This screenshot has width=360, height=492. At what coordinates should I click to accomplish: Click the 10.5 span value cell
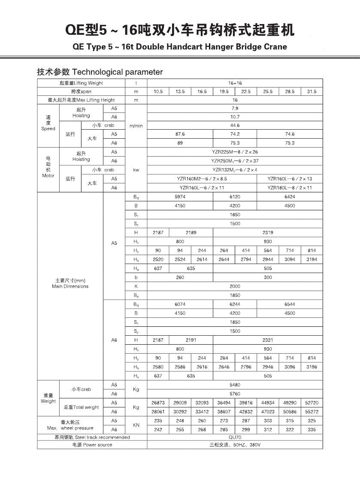click(x=158, y=91)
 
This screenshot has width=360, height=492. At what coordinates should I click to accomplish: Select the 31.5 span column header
click(x=312, y=91)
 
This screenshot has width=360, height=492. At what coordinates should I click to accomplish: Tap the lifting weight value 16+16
click(x=235, y=83)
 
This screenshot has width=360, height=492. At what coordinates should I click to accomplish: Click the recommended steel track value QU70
click(x=235, y=437)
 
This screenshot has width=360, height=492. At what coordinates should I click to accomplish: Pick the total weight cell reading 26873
click(x=158, y=403)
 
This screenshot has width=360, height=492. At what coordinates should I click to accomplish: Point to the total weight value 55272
click(x=312, y=411)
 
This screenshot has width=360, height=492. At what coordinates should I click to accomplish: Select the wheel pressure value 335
click(x=312, y=429)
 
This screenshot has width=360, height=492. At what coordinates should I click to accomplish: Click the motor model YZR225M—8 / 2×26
click(x=235, y=152)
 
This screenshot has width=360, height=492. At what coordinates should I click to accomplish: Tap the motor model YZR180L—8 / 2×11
click(x=290, y=188)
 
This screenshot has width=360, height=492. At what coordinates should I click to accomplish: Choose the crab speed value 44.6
click(x=235, y=125)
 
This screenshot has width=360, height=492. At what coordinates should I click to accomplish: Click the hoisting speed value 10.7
click(x=235, y=117)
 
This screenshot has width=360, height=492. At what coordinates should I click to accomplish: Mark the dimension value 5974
click(x=180, y=197)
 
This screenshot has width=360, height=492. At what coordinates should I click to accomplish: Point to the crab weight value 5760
click(x=235, y=394)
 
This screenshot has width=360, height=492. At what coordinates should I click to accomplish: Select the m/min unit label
click(x=136, y=126)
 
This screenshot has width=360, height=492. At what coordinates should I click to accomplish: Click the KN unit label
click(x=136, y=425)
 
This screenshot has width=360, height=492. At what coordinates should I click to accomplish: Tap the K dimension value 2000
click(x=235, y=286)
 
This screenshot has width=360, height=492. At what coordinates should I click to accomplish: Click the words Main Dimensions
click(x=70, y=286)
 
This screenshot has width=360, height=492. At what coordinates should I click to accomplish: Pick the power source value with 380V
click(x=235, y=445)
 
